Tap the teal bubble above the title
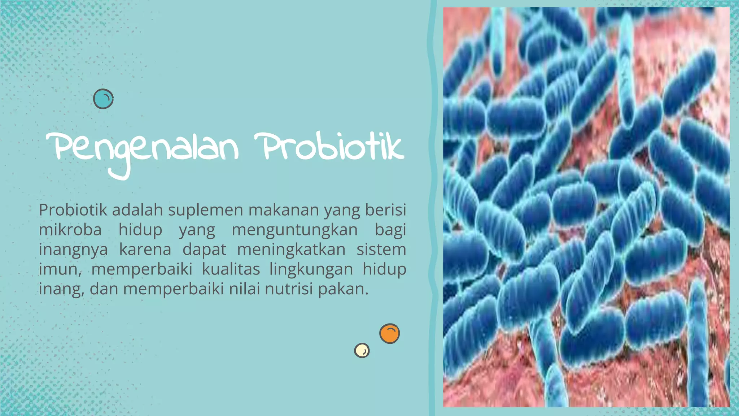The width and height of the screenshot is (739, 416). pyautogui.click(x=103, y=99)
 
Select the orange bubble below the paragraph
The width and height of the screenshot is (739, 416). pyautogui.click(x=389, y=333)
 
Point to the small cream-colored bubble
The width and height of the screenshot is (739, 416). pyautogui.click(x=362, y=350)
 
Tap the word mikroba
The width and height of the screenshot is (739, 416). pyautogui.click(x=70, y=230)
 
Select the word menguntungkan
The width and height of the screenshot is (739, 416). pyautogui.click(x=294, y=230)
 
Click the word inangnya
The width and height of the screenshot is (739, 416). pyautogui.click(x=73, y=250)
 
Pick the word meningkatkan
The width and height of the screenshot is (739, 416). pyautogui.click(x=291, y=250)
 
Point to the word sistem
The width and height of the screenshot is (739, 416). pyautogui.click(x=381, y=250)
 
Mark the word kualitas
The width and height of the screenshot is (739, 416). pyautogui.click(x=231, y=269)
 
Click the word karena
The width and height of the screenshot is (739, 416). pyautogui.click(x=145, y=250)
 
